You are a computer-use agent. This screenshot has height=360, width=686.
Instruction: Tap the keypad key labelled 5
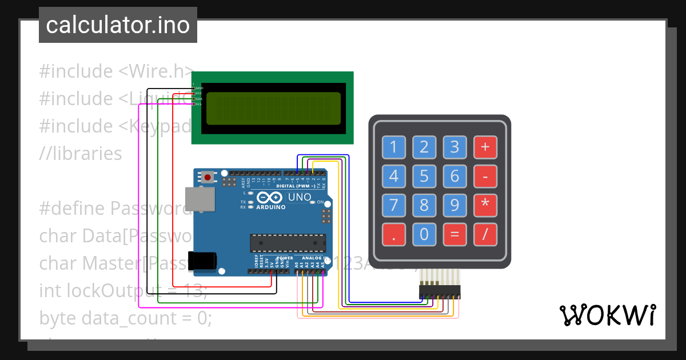click(424, 176)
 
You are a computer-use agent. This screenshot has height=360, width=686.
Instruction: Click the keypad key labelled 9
click(454, 205)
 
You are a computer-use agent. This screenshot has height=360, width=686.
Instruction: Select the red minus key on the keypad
click(485, 176)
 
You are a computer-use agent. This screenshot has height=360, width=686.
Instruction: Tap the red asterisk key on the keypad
click(485, 205)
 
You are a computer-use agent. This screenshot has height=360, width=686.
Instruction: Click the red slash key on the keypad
click(485, 234)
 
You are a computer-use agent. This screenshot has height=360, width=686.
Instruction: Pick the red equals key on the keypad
click(454, 234)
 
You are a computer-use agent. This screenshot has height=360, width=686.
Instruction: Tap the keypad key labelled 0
click(424, 234)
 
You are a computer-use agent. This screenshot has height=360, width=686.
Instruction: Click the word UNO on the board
click(300, 198)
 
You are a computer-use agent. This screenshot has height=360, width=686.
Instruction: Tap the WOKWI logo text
click(607, 315)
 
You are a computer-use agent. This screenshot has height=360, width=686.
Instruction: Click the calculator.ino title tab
click(118, 25)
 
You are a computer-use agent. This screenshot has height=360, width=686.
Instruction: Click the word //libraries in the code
click(80, 154)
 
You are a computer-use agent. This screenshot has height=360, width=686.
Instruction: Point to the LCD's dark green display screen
click(274, 109)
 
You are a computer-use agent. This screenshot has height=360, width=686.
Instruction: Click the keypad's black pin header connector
click(440, 292)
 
